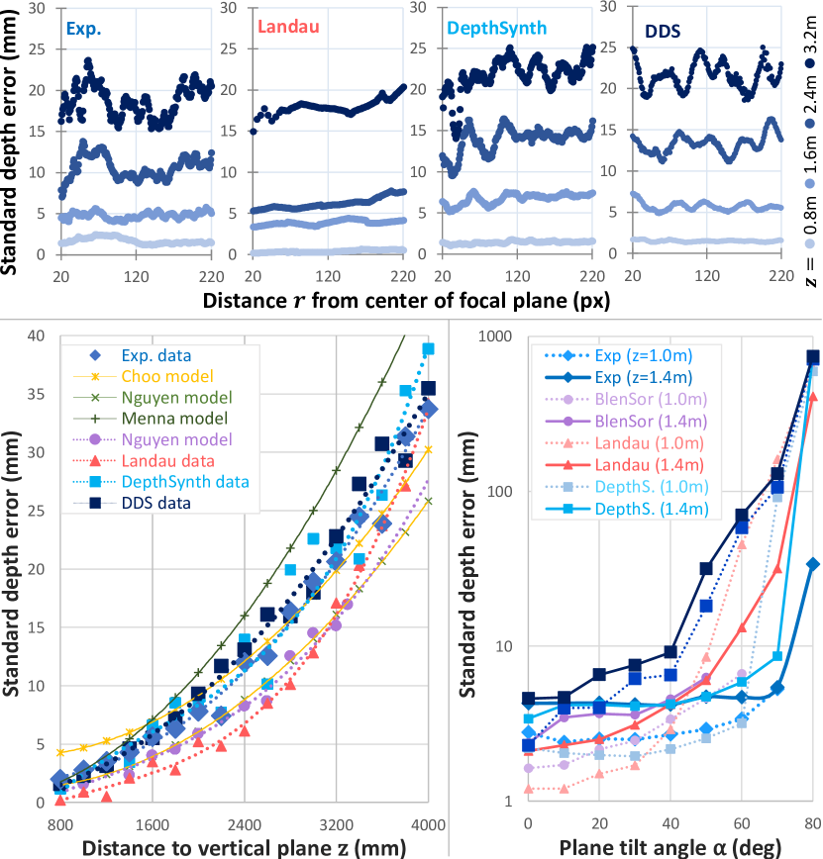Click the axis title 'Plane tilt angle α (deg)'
coord(670,846)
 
